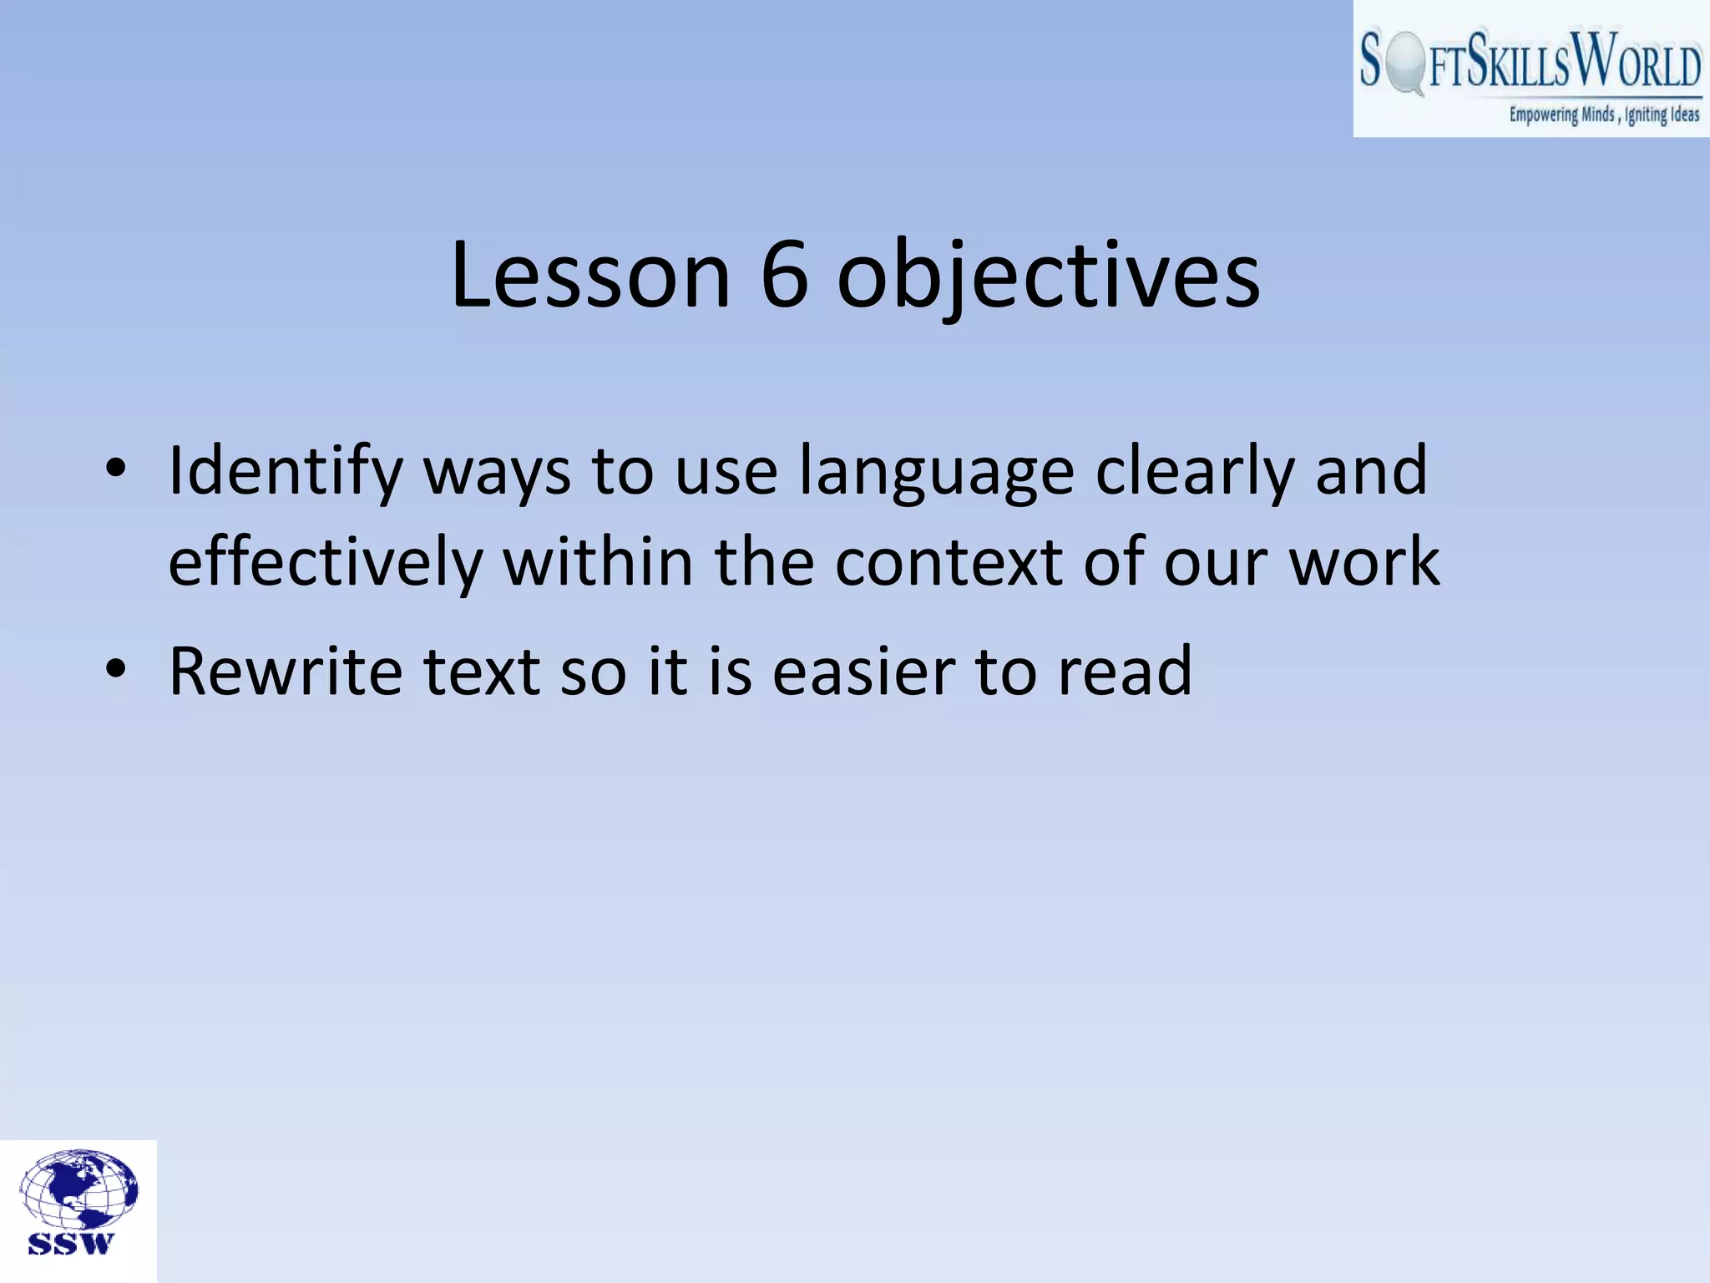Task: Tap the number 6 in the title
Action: pos(784,275)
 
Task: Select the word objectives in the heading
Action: pos(1048,275)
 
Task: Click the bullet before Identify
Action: pos(116,469)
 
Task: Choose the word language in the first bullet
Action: pos(936,472)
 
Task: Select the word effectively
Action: pos(326,561)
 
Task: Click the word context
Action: pos(949,561)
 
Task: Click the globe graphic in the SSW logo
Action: pos(78,1189)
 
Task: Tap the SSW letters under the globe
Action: pos(70,1244)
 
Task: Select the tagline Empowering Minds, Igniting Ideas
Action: pos(1603,114)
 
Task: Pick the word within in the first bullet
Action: pos(598,561)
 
